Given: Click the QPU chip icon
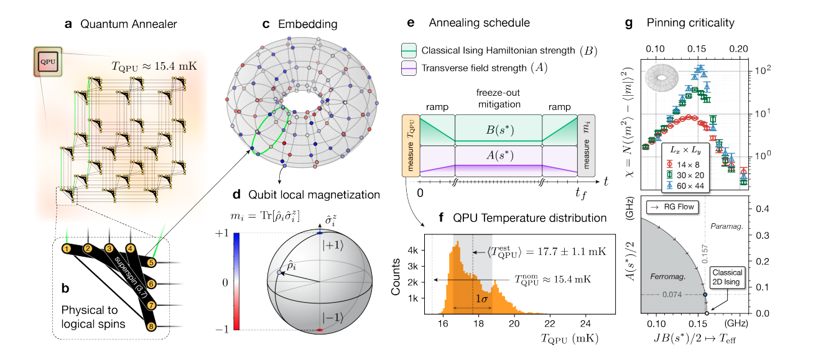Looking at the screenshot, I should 48,62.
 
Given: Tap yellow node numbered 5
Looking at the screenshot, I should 151,262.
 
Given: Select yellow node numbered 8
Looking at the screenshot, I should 151,326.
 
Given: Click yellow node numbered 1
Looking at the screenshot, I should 66,249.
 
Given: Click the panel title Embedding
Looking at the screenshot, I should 307,25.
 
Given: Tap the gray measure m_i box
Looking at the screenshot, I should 587,143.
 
